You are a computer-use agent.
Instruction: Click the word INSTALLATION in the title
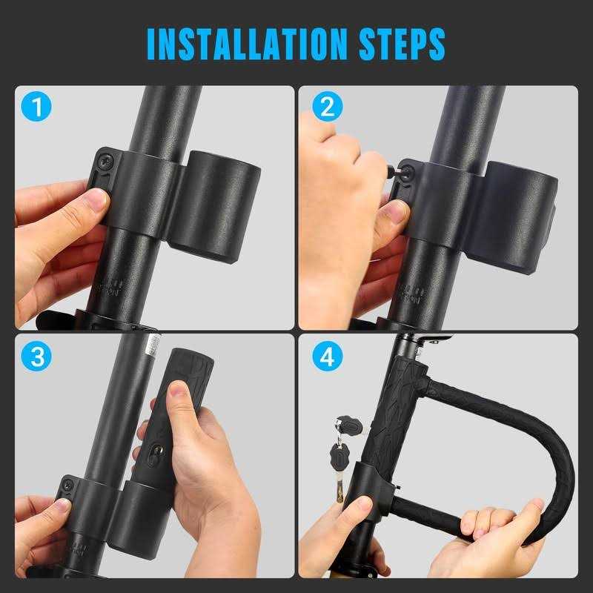pyautogui.click(x=239, y=44)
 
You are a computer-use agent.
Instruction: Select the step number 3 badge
pyautogui.click(x=36, y=357)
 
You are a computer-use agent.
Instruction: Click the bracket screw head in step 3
pyautogui.click(x=68, y=486)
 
